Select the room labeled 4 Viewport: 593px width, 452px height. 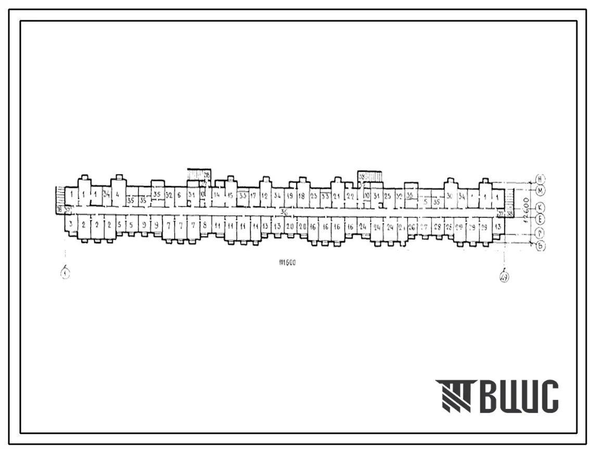118,195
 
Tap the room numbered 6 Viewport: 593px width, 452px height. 179,195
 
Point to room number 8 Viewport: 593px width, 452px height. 205,225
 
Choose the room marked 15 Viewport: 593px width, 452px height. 230,196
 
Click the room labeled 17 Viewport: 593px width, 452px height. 253,196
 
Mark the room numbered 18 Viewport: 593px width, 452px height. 301,196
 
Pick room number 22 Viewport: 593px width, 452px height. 350,196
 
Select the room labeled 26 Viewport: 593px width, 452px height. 411,227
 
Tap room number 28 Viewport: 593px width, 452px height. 437,227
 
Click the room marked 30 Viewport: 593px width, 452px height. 449,196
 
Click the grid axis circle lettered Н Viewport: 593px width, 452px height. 540,179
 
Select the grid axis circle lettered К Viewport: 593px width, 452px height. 540,206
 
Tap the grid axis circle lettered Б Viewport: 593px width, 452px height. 540,246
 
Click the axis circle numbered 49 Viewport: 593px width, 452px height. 504,276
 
